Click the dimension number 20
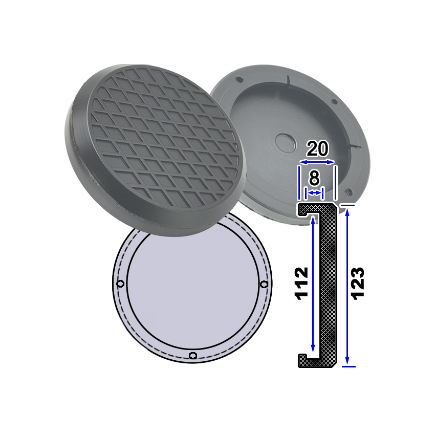pyautogui.click(x=317, y=148)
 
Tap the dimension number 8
pyautogui.click(x=314, y=178)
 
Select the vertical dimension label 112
pyautogui.click(x=301, y=284)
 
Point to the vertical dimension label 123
pyautogui.click(x=358, y=284)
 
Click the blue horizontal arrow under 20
pyautogui.click(x=317, y=162)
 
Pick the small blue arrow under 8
pyautogui.click(x=314, y=192)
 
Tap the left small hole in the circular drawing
pyautogui.click(x=120, y=284)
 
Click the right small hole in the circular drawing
pyautogui.click(x=265, y=284)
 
